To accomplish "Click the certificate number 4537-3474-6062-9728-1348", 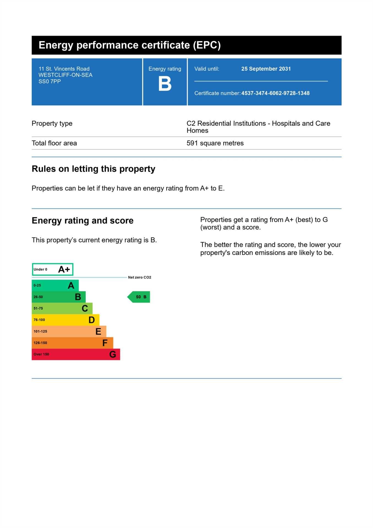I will [275, 93].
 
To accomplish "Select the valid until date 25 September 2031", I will [266, 69].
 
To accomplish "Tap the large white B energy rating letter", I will [165, 84].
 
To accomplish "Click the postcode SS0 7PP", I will [50, 81].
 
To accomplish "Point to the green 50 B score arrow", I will [139, 297].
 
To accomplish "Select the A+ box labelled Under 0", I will [53, 269].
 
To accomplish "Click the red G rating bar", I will [76, 354].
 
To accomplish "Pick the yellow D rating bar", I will [65, 320].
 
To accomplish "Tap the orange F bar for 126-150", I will [72, 343].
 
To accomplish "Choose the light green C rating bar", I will [62, 308].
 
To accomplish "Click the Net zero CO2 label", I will [139, 277].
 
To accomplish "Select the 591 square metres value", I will [215, 143].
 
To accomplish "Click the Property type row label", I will [52, 123].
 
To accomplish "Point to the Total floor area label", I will [54, 143].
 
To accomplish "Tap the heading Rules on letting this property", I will [94, 169].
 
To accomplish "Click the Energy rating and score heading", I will [83, 221].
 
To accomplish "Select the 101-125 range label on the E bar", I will [40, 331].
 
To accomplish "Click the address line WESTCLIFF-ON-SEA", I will [65, 75].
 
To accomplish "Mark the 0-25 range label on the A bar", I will [37, 285].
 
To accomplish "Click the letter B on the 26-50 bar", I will [78, 297].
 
